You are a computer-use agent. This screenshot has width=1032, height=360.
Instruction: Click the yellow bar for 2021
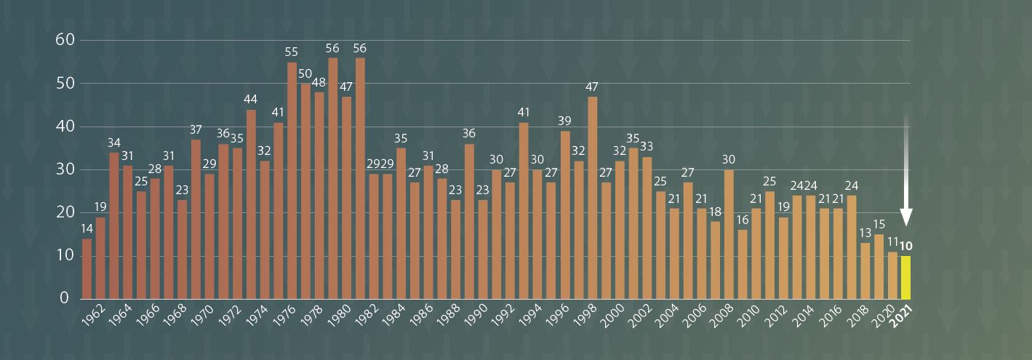[x=905, y=277]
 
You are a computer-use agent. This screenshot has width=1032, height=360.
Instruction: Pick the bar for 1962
[x=100, y=258]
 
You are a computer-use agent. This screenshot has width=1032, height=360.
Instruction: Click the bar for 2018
[x=865, y=271]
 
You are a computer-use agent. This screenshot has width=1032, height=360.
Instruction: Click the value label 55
[x=292, y=52]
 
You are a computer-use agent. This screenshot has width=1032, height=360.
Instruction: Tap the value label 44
[x=251, y=100]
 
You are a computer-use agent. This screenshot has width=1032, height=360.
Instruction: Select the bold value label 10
[x=906, y=246]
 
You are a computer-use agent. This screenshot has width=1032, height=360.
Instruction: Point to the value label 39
[x=565, y=121]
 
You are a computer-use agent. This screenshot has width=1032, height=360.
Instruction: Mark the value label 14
[x=87, y=229]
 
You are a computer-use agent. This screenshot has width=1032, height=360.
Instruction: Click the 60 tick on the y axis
[x=66, y=40]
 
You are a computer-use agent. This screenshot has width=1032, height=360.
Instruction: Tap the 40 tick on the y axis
[x=66, y=126]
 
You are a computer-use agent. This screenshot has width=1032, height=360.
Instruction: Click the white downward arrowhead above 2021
[x=906, y=217]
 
